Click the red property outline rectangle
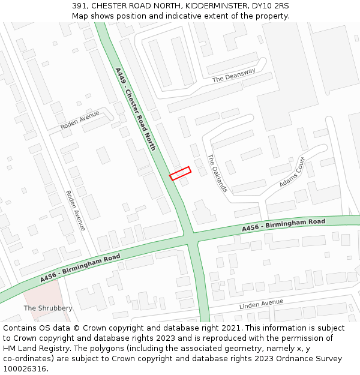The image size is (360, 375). click(180, 173)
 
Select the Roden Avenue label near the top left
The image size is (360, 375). click(80, 121)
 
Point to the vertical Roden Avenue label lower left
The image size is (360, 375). click(76, 210)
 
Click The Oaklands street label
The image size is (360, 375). click(217, 173)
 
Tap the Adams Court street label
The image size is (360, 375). click(292, 172)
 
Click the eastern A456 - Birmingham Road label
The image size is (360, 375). click(284, 226)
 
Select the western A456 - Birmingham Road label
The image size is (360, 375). click(80, 268)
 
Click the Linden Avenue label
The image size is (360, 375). click(261, 304)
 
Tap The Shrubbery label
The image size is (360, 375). click(48, 308)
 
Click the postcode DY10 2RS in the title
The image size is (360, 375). click(269, 5)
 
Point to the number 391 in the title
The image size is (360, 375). click(79, 5)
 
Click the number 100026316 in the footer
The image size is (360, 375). click(25, 369)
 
